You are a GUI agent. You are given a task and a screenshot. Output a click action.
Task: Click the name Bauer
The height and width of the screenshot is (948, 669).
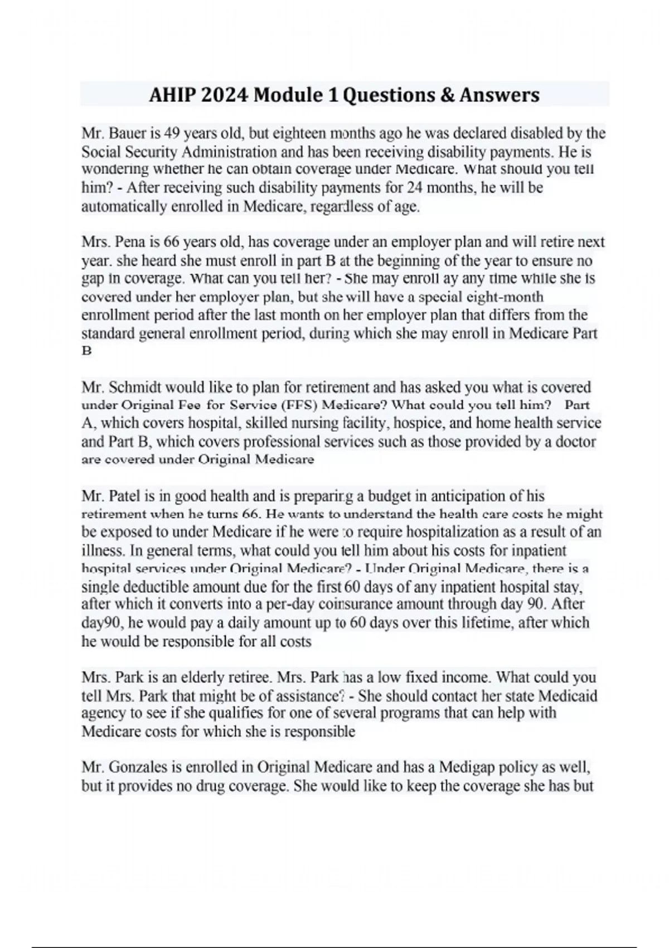(x=128, y=134)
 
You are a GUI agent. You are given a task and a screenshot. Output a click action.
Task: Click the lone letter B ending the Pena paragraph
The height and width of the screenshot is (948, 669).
(x=86, y=351)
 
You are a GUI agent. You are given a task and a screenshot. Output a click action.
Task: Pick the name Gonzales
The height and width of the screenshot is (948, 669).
(x=135, y=768)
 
